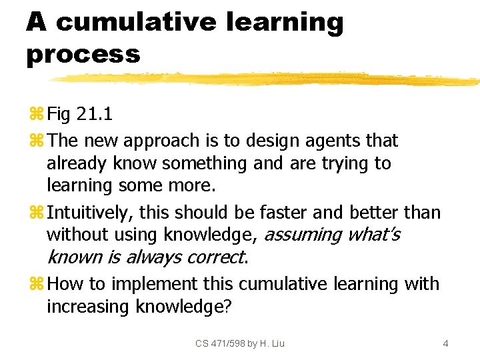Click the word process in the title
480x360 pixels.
click(x=83, y=53)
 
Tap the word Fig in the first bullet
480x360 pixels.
click(x=59, y=114)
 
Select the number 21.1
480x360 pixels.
click(x=95, y=114)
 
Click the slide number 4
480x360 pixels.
click(x=445, y=343)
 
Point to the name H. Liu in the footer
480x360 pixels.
click(x=271, y=343)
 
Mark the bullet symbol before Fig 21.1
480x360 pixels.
click(x=36, y=115)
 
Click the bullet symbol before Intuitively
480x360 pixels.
click(x=36, y=213)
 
